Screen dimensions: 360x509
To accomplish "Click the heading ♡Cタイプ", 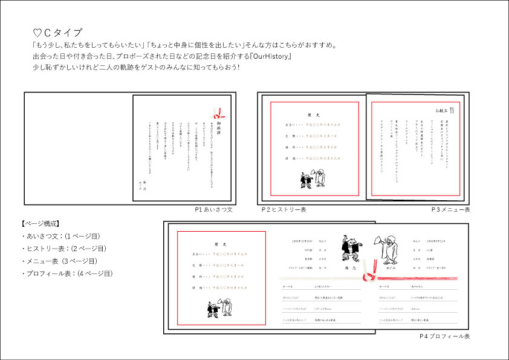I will (57, 32).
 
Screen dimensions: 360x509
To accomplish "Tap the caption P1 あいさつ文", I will (213, 209).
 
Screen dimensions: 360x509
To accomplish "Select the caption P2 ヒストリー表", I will (284, 209).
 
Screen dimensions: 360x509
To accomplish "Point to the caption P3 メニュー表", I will (450, 209).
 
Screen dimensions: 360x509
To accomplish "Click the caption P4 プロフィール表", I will (445, 336).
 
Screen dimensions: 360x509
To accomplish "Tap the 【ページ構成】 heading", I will (40, 223).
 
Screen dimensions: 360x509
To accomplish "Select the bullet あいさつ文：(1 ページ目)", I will (60, 236).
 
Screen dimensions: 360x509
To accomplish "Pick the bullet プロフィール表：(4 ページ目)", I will (66, 273).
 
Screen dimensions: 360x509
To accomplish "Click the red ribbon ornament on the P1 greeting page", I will (217, 113).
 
